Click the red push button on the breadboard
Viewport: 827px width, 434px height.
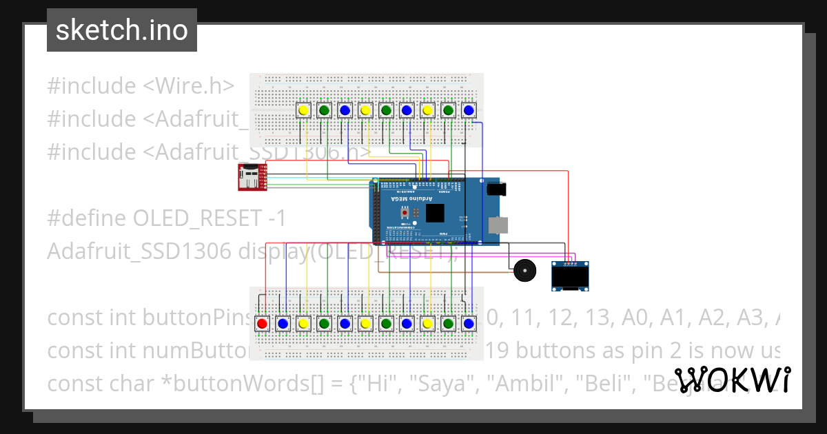point(262,323)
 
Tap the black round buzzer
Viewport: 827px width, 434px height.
point(524,270)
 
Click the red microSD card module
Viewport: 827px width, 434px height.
point(249,177)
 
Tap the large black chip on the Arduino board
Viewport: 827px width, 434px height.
point(435,213)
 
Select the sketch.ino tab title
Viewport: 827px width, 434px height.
point(122,30)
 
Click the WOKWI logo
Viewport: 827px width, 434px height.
point(732,380)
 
